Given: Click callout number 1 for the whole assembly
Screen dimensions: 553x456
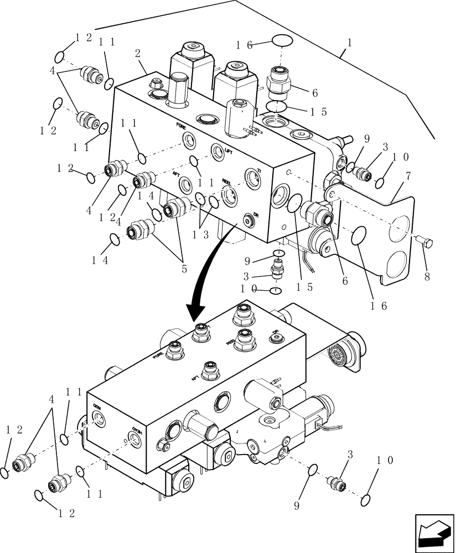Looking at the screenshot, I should point(349,42).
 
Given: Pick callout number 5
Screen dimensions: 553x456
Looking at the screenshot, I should point(184,269).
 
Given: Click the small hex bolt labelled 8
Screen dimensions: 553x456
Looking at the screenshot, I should point(425,241).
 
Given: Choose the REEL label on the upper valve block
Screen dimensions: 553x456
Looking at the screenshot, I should point(226,182).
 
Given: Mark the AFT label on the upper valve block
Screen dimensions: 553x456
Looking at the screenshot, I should point(177,174).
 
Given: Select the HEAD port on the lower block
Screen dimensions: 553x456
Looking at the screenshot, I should point(134,440).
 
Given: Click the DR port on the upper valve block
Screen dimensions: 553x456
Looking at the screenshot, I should point(247,220).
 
